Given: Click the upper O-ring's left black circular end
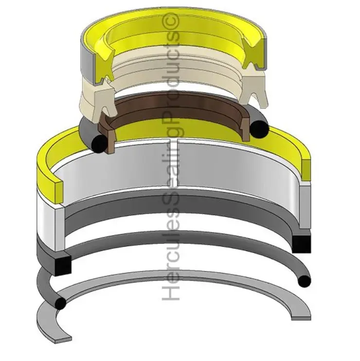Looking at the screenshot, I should (x=99, y=143).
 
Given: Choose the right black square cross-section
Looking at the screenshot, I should (x=302, y=243).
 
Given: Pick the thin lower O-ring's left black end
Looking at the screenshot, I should (x=60, y=304).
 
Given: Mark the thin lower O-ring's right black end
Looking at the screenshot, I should (x=304, y=281).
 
